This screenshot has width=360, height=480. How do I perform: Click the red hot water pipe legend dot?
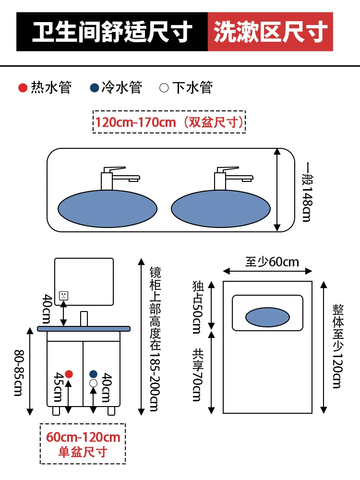click(23, 88)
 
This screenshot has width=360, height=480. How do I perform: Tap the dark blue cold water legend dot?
click(94, 88)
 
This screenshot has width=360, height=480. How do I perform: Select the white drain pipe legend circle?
click(164, 88)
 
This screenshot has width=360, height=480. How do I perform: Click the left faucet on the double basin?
click(120, 179)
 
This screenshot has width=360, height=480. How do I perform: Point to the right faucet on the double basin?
click(234, 179)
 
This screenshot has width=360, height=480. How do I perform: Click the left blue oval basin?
click(108, 209)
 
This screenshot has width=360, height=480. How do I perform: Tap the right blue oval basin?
click(221, 209)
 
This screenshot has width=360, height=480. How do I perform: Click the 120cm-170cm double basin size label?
click(169, 122)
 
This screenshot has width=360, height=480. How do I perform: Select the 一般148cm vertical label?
click(307, 192)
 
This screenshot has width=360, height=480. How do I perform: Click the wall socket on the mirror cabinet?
click(63, 296)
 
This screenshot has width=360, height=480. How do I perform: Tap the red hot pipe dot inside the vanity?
click(69, 374)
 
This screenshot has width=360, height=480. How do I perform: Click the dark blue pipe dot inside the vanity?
click(94, 374)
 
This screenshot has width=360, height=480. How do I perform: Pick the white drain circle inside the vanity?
click(94, 383)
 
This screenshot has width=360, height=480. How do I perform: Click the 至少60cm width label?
click(272, 262)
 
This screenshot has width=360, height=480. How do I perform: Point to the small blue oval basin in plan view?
click(267, 317)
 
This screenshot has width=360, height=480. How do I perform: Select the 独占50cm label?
click(197, 307)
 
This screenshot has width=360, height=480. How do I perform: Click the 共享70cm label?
click(197, 375)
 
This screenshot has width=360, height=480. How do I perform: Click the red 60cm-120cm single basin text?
click(83, 437)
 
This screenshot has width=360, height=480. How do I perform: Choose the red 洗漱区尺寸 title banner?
click(270, 32)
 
